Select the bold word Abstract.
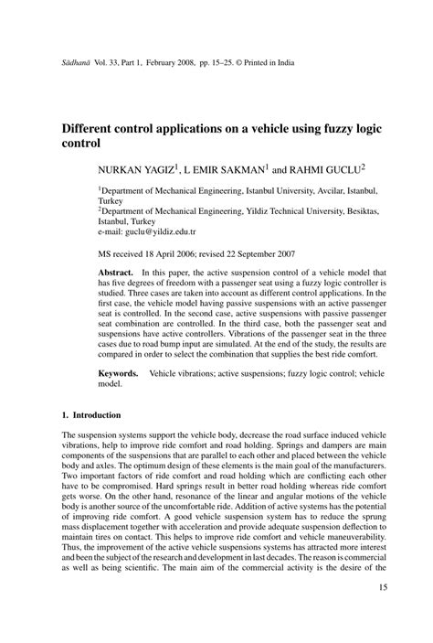point(116,274)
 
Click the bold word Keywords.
point(119,375)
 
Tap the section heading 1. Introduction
point(91,415)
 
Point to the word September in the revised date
point(239,254)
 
